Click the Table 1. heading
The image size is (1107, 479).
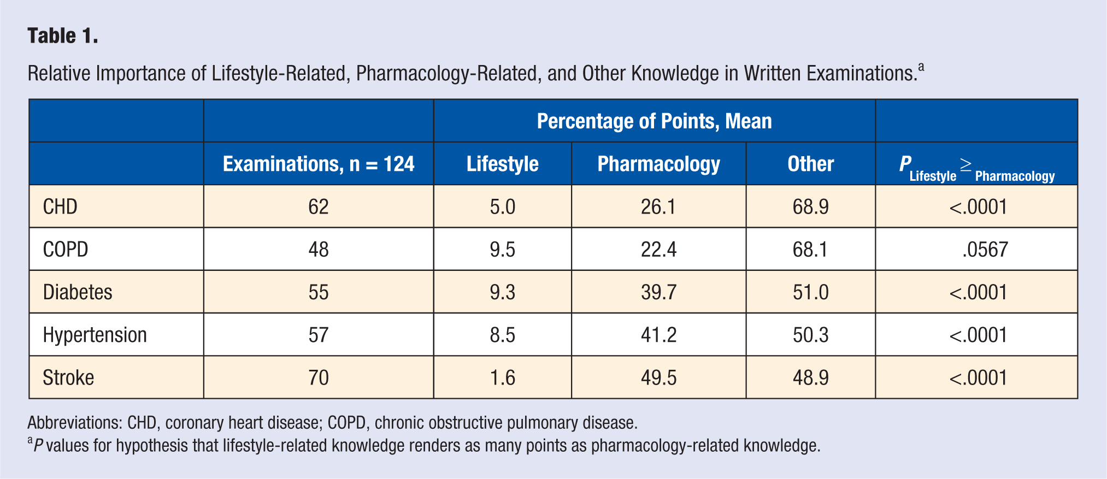coord(63,36)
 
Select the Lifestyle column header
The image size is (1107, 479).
coord(502,164)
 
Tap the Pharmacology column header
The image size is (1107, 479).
coord(658,164)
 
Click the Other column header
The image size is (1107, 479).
coord(810,164)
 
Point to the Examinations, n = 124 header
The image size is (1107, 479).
coord(319,164)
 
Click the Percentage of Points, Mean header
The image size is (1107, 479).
coord(654,121)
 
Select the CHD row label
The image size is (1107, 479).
coord(60,207)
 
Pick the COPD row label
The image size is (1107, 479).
coord(66,250)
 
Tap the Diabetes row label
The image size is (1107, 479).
coord(78,292)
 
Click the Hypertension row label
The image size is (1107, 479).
coord(95,335)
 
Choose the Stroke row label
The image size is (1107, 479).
coord(68,377)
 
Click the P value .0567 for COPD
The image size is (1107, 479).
coord(985,250)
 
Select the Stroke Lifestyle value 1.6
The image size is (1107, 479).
coord(502,377)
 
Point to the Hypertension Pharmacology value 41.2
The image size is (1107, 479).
coord(658,335)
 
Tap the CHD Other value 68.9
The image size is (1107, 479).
coord(810,207)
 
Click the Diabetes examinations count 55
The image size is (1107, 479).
coord(319,292)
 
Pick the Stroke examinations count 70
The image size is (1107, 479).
coord(319,377)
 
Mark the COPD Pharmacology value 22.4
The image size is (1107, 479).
coord(658,250)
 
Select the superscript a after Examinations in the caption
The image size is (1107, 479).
coord(921,67)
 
